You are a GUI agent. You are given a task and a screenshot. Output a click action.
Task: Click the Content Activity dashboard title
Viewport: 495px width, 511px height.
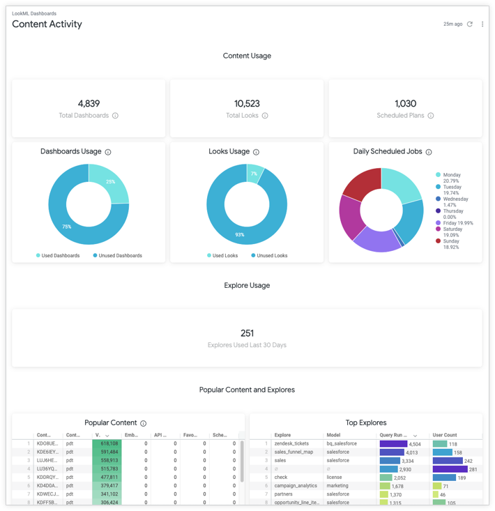pyautogui.click(x=47, y=24)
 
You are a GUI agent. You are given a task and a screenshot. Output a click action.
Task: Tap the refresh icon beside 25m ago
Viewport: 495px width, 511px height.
pyautogui.click(x=470, y=24)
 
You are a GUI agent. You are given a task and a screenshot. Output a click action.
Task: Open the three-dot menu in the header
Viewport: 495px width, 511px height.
pyautogui.click(x=482, y=24)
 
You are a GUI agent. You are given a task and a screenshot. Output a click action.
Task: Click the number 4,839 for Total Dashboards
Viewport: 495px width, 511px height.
pyautogui.click(x=89, y=103)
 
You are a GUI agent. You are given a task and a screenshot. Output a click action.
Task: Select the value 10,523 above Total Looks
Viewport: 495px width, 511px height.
pyautogui.click(x=247, y=103)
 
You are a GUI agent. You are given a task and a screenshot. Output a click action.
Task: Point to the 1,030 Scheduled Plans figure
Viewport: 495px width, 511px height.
pyautogui.click(x=405, y=103)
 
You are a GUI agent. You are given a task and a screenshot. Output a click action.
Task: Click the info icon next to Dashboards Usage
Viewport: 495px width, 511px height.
pyautogui.click(x=108, y=152)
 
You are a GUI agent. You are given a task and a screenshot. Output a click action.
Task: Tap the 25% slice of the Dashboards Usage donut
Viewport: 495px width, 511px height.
pyautogui.click(x=109, y=183)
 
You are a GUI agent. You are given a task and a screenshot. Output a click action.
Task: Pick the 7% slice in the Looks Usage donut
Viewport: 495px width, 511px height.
pyautogui.click(x=254, y=173)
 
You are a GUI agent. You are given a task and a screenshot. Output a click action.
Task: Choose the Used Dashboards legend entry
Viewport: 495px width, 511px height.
pyautogui.click(x=60, y=256)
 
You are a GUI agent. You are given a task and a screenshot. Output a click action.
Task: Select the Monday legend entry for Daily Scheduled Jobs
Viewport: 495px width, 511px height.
pyautogui.click(x=451, y=175)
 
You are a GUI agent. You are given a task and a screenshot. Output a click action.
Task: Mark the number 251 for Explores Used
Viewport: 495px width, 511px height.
pyautogui.click(x=247, y=333)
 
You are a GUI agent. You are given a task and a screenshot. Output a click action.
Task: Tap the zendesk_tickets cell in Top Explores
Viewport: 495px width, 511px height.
pyautogui.click(x=291, y=443)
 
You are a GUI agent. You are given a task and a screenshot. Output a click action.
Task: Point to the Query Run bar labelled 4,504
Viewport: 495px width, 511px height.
pyautogui.click(x=393, y=443)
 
